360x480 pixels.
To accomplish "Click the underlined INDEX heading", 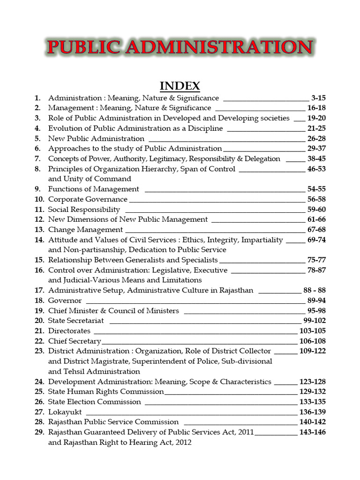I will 180,86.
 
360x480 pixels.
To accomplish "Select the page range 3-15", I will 318,98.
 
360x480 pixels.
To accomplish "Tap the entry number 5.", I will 37,139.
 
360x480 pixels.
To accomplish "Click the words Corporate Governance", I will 88,199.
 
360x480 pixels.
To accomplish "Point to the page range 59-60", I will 316,210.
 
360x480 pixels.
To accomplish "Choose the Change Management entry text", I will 85,230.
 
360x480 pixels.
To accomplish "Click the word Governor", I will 65,300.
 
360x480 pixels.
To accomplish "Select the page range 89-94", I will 316,300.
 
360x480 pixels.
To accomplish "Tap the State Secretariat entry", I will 76,321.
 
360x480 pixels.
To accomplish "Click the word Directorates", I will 69,331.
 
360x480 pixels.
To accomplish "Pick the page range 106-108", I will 312,341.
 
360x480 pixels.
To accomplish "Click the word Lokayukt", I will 65,412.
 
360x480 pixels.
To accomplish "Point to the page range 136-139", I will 312,412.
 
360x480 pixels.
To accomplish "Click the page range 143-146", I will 312,432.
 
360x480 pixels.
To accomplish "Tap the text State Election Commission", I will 94,402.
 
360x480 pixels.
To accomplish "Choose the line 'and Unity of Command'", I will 90,179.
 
